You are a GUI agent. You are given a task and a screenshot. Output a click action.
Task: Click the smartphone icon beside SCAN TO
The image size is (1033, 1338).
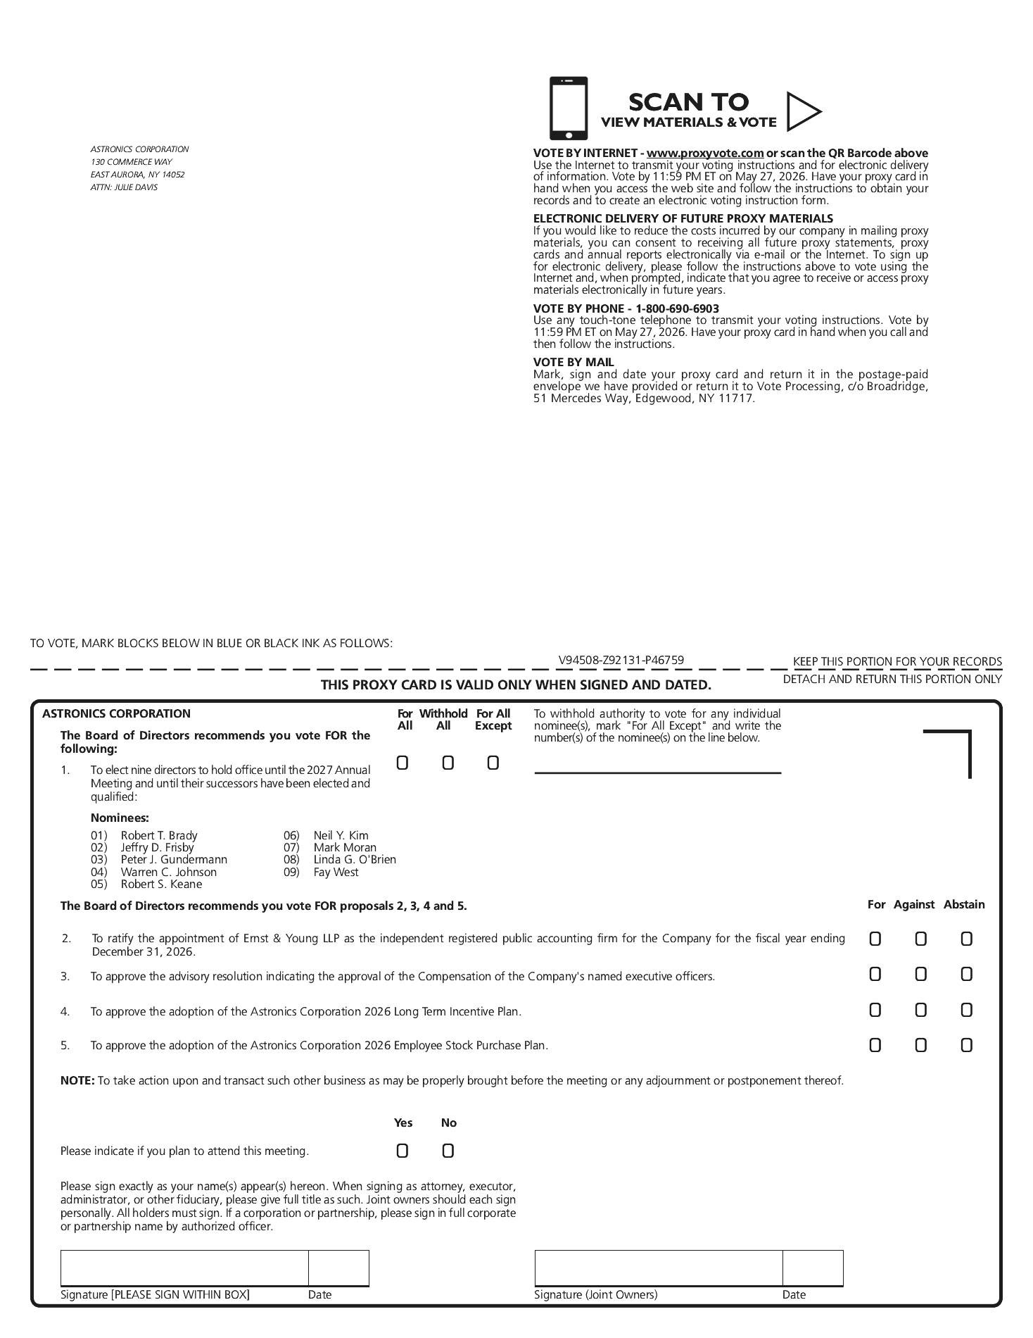568,108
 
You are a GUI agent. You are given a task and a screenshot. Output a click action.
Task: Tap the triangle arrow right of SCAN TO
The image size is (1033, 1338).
802,111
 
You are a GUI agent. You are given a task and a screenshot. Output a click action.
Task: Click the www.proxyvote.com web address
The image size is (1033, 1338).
705,153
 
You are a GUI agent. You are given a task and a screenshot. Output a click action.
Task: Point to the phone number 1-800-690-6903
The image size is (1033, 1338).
677,308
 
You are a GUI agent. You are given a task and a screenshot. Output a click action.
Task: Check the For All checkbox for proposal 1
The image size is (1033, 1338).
403,763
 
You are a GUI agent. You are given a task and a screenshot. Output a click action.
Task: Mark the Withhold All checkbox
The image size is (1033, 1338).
448,763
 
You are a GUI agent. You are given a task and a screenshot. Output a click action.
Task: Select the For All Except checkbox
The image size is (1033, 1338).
493,763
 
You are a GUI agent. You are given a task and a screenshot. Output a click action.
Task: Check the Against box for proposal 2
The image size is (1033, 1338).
920,939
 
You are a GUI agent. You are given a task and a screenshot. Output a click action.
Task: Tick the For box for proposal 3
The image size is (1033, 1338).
875,974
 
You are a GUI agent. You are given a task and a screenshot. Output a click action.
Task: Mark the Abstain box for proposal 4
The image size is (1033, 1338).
966,1010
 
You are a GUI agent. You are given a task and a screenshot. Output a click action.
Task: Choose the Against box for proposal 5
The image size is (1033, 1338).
920,1045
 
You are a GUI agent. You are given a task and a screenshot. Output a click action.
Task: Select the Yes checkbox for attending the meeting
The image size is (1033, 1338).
403,1151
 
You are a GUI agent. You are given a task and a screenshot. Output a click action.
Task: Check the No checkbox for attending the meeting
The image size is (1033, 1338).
448,1151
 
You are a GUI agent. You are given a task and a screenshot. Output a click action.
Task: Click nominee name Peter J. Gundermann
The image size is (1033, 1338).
174,859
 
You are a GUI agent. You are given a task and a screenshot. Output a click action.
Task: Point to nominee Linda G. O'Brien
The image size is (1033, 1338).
355,859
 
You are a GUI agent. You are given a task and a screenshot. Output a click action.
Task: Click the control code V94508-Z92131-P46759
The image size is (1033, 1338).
621,660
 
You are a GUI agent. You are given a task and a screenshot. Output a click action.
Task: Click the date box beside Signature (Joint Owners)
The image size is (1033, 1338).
813,1268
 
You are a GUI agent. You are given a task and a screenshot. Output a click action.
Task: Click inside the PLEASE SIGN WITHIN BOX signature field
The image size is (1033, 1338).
184,1268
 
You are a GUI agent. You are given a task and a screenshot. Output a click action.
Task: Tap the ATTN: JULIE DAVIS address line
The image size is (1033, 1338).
124,187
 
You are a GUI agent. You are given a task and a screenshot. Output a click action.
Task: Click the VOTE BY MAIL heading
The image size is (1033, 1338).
573,362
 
